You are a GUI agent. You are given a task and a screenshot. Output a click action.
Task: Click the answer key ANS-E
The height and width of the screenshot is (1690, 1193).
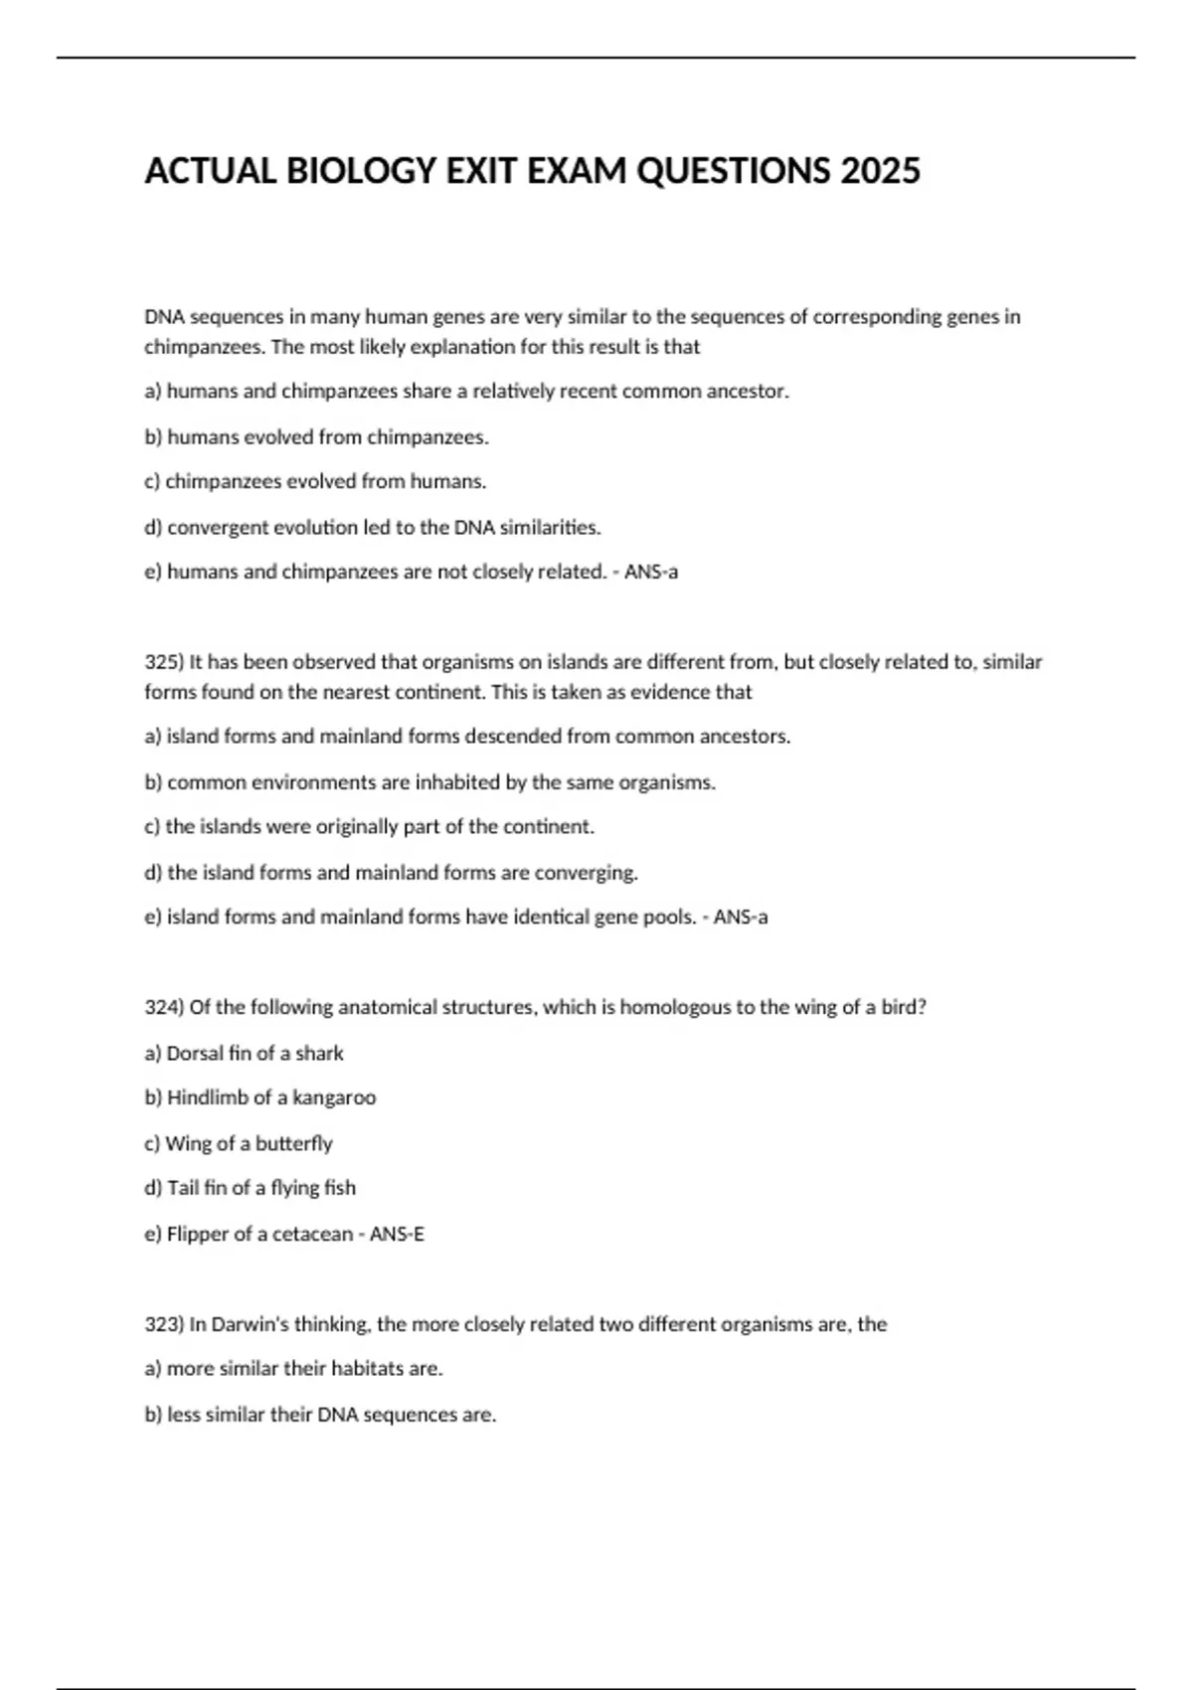pos(397,1234)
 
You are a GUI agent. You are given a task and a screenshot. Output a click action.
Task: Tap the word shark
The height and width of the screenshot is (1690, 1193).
pos(319,1053)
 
